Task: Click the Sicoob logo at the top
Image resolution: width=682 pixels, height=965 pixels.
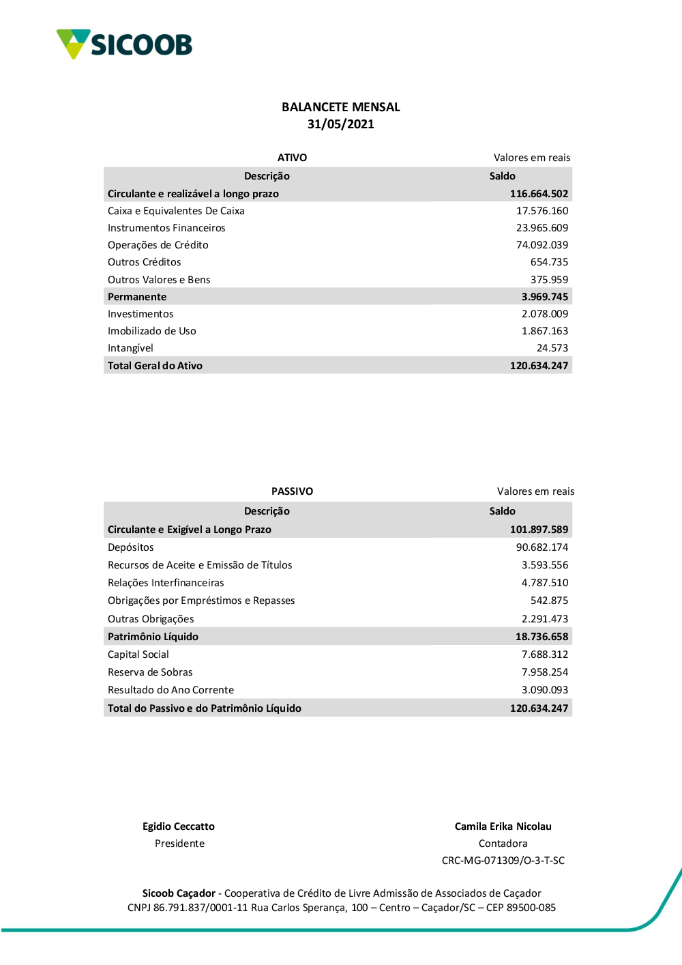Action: coord(124,44)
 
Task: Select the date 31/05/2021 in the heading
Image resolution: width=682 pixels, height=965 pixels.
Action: coord(340,124)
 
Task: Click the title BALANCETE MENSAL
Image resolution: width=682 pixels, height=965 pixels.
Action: coord(340,107)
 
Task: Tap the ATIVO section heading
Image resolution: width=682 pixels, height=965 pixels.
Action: coord(292,158)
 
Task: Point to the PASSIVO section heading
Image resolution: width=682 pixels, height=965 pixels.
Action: coord(292,491)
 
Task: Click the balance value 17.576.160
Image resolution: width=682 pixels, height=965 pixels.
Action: coord(542,211)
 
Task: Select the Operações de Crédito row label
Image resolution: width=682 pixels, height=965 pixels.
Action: coord(158,245)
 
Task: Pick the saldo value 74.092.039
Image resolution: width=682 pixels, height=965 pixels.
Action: coord(542,245)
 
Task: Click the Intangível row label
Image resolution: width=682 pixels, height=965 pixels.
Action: coord(130,348)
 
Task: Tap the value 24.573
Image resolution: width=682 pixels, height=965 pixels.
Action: coord(552,348)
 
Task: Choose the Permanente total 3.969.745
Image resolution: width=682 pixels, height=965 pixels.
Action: coord(544,297)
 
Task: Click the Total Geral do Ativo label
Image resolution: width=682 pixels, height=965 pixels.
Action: coord(155,366)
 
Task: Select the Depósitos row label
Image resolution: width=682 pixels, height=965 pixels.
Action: coord(130,547)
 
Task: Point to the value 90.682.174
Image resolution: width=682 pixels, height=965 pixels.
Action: coord(542,547)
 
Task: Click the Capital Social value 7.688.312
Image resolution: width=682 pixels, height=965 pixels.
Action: coord(544,654)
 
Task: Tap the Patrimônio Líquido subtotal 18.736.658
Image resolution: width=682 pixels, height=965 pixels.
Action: coord(542,637)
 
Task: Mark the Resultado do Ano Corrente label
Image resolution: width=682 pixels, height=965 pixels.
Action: coord(170,690)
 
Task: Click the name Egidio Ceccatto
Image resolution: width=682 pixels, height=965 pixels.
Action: coord(178,826)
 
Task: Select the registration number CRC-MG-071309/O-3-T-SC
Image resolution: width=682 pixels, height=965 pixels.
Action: coord(503,861)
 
